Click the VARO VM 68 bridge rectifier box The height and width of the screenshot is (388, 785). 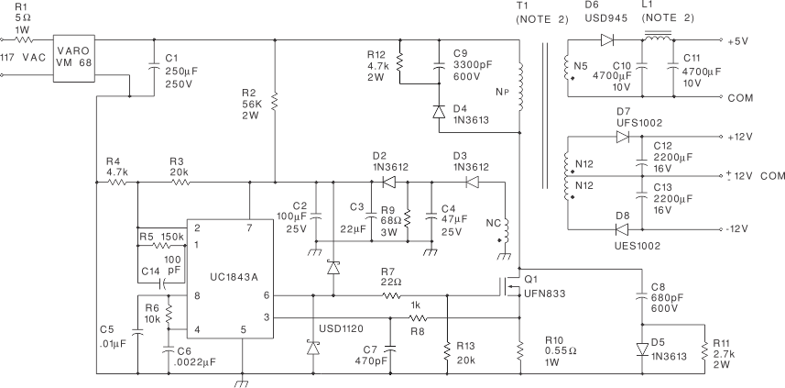(73, 58)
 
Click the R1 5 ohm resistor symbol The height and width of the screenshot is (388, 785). (25, 39)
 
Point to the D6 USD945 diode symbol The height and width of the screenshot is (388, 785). (605, 39)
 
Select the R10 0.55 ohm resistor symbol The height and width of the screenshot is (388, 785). (519, 349)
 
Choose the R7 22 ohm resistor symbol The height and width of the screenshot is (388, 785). (391, 295)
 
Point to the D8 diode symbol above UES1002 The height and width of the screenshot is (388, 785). (623, 228)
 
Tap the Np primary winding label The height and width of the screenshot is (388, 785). (501, 92)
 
